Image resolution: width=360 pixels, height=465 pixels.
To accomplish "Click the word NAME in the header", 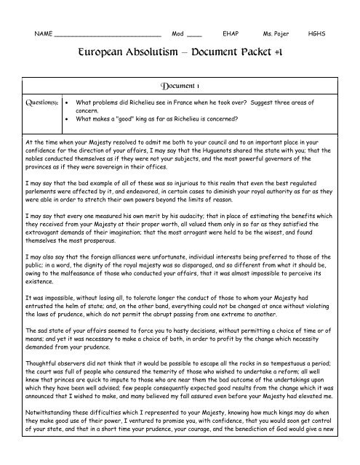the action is [x=44, y=34].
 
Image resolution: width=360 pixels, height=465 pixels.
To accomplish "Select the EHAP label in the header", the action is [x=232, y=34].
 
